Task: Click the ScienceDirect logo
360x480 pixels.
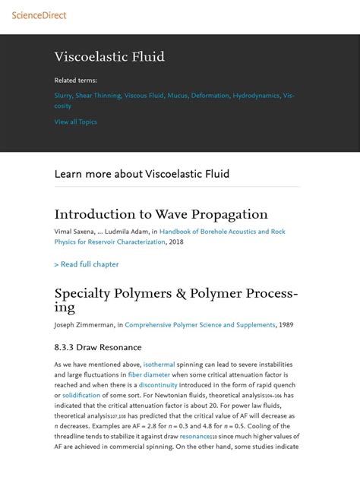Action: [x=34, y=14]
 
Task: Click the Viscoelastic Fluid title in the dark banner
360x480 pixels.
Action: [x=109, y=57]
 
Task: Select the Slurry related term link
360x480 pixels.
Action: [x=63, y=96]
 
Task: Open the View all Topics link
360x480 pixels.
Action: [x=75, y=122]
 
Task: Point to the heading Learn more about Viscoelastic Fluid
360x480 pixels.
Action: [x=142, y=174]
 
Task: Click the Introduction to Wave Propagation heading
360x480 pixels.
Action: [x=161, y=214]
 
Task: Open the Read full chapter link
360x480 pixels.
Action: [x=87, y=264]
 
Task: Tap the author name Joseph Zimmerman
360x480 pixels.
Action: [x=84, y=325]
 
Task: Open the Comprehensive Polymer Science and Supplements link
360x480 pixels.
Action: [x=200, y=325]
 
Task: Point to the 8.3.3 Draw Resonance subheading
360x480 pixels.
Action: [x=98, y=347]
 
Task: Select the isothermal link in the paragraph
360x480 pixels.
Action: [x=159, y=365]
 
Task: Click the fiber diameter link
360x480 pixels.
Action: [x=149, y=374]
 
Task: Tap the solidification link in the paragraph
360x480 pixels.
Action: [x=81, y=395]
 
